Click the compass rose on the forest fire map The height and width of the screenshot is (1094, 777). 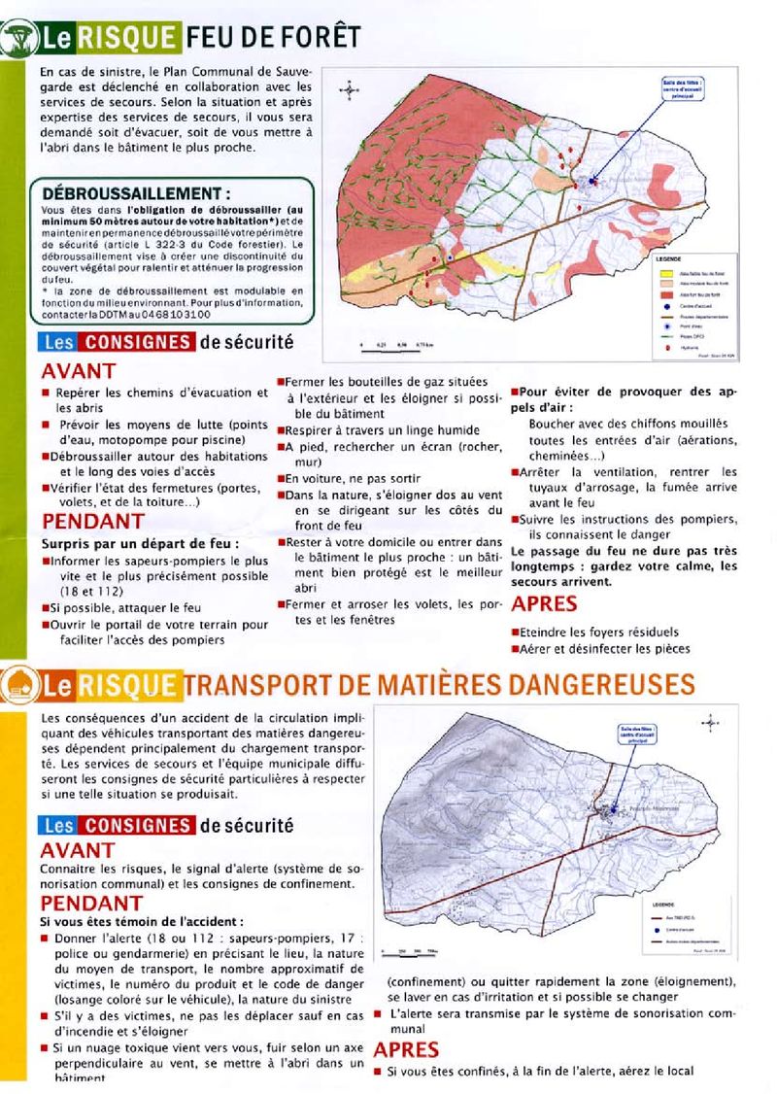click(x=350, y=92)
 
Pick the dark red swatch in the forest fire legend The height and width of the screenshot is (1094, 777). click(x=664, y=292)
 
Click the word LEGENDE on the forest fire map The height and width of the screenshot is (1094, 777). click(x=671, y=259)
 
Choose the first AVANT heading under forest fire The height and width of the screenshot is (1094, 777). click(x=78, y=371)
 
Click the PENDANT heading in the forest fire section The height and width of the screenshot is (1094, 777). click(x=92, y=522)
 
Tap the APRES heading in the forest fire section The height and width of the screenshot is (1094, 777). click(x=544, y=604)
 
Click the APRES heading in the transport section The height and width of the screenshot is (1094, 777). click(x=407, y=1049)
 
